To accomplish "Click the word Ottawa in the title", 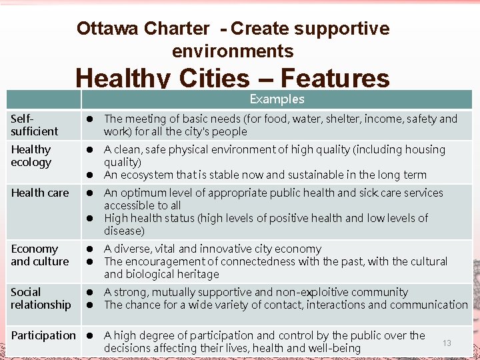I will point(104,29).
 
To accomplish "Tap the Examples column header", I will point(277,99).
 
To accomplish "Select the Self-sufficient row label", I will point(35,125).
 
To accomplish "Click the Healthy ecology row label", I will point(31,156).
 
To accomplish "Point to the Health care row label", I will point(39,193).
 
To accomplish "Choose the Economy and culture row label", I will point(39,255).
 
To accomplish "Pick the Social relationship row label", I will point(40,299).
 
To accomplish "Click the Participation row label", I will point(43,335).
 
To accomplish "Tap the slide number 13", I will point(447,343).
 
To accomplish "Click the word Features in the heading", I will point(335,79).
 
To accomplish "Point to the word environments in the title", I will point(233,51).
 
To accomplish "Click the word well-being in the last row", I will point(331,348).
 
